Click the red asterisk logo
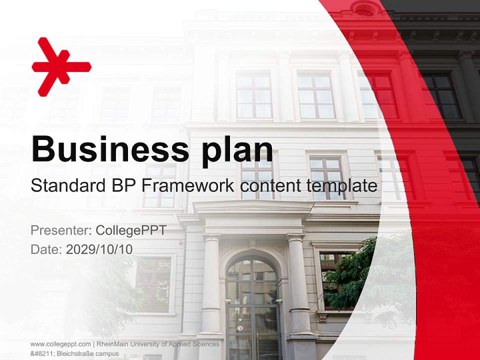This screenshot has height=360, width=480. click(x=60, y=66)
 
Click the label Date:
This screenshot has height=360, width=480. click(x=46, y=249)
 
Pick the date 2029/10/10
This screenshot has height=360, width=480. click(x=99, y=249)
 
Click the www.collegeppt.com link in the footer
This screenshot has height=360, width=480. click(x=60, y=344)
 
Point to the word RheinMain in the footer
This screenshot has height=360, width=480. click(x=114, y=344)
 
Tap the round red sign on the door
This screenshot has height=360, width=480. click(x=240, y=328)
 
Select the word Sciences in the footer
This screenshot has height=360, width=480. click(x=206, y=344)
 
